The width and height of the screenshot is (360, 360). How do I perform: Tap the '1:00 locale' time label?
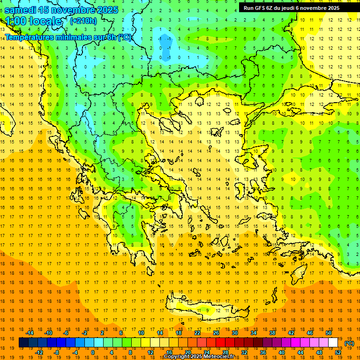click(x=33, y=21)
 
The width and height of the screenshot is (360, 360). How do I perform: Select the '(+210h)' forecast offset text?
click(x=83, y=21)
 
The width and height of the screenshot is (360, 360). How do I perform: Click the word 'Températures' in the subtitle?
click(x=29, y=37)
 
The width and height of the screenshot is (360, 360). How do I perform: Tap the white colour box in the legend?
click(x=333, y=343)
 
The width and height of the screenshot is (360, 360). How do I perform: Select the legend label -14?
click(x=30, y=333)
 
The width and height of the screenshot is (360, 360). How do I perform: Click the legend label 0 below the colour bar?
click(x=92, y=352)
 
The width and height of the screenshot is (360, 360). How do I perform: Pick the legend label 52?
click(x=338, y=352)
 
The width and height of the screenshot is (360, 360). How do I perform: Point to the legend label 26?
click(x=216, y=333)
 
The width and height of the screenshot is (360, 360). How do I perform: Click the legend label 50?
click(x=329, y=333)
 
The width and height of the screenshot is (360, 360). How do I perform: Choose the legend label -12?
click(x=39, y=352)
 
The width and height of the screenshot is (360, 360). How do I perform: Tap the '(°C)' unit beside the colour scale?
click(x=349, y=343)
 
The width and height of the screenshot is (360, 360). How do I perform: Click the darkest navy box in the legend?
click(x=23, y=343)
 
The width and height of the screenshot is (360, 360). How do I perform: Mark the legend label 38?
click(x=272, y=333)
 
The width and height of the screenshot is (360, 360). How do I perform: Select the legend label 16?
click(x=169, y=352)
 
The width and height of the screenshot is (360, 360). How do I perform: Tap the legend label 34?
click(x=254, y=333)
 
